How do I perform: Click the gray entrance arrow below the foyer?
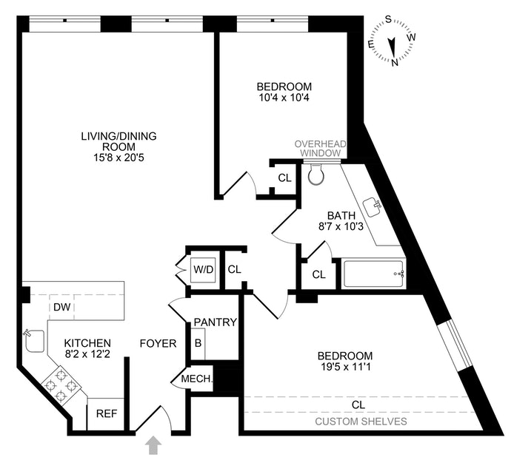pos(153,447)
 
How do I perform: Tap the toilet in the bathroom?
pos(316,174)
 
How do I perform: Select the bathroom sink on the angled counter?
pos(372,207)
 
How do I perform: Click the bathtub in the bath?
pos(374,274)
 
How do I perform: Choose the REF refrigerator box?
pos(106,414)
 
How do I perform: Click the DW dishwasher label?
pos(62,307)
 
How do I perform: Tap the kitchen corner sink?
pos(34,341)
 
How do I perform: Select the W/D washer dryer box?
pos(204,270)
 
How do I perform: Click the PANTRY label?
pos(215,322)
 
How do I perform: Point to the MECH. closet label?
pos(197,379)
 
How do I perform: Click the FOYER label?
pos(158,343)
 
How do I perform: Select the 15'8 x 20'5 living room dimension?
pos(119,158)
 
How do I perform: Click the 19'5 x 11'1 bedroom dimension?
pos(345,367)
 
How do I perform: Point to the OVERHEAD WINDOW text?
pos(320,149)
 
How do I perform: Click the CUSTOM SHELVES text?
pos(361,422)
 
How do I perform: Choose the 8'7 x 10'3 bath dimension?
pos(341,226)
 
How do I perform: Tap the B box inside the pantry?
pos(198,343)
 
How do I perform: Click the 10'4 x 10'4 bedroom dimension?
pos(284,98)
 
